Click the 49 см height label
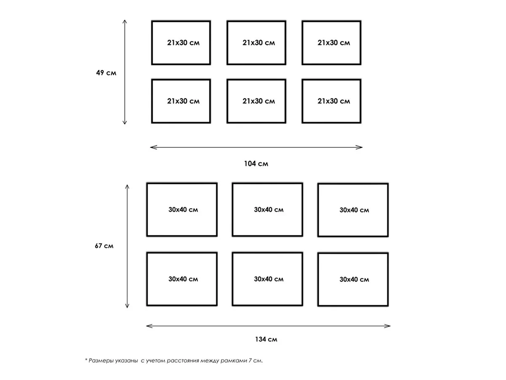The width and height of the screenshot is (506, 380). (106, 73)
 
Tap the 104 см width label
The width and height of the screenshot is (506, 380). (256, 164)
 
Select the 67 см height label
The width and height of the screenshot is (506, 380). (104, 246)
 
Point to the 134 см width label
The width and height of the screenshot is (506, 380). (266, 339)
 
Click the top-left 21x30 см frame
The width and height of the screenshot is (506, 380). (152, 43)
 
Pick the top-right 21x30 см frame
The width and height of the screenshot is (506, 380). (302, 43)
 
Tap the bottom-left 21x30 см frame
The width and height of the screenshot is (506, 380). (152, 101)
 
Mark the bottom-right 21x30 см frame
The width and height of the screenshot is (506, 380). (302, 101)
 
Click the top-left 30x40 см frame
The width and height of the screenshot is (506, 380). (147, 210)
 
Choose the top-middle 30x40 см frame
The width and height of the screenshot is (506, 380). (232, 210)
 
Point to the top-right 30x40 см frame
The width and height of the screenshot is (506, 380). (318, 210)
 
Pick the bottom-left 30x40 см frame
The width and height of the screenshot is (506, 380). (147, 279)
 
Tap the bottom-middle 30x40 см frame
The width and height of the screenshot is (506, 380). (232, 279)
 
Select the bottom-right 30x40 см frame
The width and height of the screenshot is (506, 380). (318, 280)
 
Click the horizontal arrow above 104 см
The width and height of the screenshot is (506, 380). (256, 147)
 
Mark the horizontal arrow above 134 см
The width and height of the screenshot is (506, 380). (268, 326)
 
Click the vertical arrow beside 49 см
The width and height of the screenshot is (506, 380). (125, 72)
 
